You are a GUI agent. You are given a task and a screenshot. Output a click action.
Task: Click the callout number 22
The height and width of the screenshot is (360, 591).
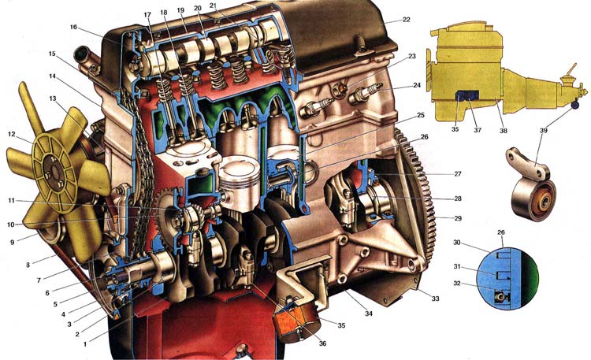click(x=406, y=19)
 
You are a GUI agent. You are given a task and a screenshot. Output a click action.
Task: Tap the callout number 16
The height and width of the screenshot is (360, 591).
click(x=73, y=27)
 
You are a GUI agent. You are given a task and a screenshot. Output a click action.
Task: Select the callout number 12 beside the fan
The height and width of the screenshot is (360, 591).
click(x=12, y=134)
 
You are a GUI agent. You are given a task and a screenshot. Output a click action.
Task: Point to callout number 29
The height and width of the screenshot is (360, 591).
click(x=458, y=218)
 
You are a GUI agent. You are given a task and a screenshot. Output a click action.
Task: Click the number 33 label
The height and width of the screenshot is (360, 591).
click(x=435, y=299)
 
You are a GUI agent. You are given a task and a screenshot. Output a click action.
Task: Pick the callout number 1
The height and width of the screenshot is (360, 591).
click(x=85, y=343)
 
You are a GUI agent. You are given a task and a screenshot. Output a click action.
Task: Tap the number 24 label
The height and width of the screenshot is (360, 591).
click(x=417, y=85)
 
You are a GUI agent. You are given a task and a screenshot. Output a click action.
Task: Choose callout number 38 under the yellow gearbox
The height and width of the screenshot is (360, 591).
click(x=504, y=131)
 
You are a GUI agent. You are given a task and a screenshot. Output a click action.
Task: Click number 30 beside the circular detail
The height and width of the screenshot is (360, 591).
click(x=457, y=243)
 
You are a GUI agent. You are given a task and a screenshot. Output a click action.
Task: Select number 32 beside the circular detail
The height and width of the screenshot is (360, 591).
click(x=457, y=283)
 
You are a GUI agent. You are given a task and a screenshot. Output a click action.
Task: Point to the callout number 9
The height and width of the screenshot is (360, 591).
click(x=13, y=243)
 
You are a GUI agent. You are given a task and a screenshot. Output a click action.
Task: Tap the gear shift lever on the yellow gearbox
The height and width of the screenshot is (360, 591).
click(x=571, y=71)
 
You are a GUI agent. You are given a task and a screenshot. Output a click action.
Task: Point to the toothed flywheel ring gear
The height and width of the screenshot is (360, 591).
click(x=418, y=196)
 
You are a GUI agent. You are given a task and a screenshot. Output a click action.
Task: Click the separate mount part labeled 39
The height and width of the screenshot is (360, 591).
click(x=531, y=185)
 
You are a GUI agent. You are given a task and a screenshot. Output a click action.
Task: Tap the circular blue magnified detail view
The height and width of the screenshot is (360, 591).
click(x=507, y=278)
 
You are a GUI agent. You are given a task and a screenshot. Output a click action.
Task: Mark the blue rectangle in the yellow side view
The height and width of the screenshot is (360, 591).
click(x=467, y=95)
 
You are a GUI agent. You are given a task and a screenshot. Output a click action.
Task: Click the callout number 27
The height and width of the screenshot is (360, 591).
click(x=458, y=174)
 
